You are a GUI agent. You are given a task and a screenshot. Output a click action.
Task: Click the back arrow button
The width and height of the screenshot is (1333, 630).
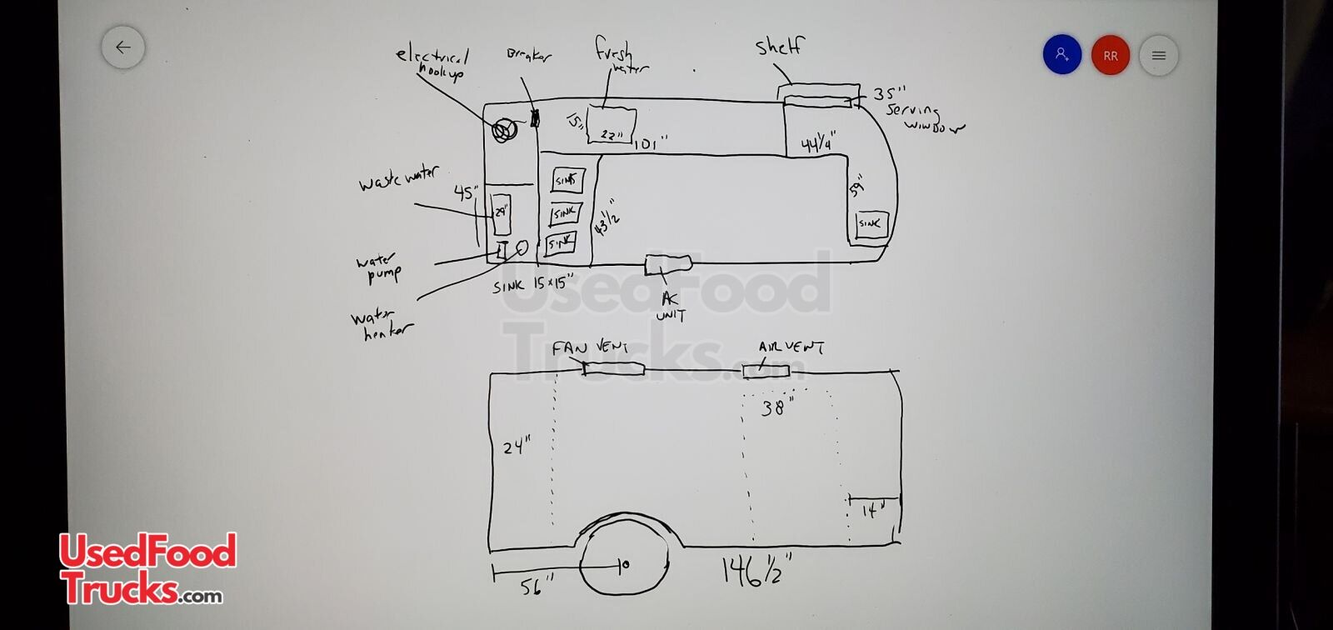(x=123, y=47)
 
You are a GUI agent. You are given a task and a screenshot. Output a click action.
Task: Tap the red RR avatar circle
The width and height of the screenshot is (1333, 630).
(x=1110, y=56)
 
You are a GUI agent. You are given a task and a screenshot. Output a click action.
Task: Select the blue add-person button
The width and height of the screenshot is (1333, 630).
(x=1062, y=55)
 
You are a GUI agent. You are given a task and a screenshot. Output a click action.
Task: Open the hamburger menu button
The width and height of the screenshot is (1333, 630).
(x=1158, y=56)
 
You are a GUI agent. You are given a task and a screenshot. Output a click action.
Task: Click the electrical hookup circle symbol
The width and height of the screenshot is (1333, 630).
(x=502, y=131)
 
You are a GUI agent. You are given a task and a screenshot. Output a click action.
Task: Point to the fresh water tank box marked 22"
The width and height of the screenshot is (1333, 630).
(x=612, y=126)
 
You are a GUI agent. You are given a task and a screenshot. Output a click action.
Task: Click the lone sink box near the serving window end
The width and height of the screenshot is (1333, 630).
(x=871, y=224)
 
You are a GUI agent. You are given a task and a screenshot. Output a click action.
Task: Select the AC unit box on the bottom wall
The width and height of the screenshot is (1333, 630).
(x=668, y=264)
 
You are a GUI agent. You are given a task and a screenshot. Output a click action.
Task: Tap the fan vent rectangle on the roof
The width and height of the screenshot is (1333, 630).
(x=613, y=368)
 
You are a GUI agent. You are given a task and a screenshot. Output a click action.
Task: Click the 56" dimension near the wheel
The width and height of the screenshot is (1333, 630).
(x=531, y=587)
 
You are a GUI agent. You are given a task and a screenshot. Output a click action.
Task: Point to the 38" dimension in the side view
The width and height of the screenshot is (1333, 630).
(x=777, y=407)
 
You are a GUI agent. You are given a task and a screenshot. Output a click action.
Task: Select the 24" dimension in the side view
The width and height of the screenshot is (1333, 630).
(x=517, y=447)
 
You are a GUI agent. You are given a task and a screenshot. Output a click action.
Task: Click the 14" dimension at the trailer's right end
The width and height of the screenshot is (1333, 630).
(x=871, y=510)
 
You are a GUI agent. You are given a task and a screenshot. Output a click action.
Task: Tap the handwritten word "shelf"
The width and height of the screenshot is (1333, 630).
(x=780, y=47)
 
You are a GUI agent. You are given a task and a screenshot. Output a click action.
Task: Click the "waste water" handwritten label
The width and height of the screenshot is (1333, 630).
(x=398, y=178)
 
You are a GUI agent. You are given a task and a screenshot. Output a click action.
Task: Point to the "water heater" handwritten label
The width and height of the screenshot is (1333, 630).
(x=382, y=325)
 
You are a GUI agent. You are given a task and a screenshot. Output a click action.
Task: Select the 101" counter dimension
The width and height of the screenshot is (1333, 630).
(x=651, y=145)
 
